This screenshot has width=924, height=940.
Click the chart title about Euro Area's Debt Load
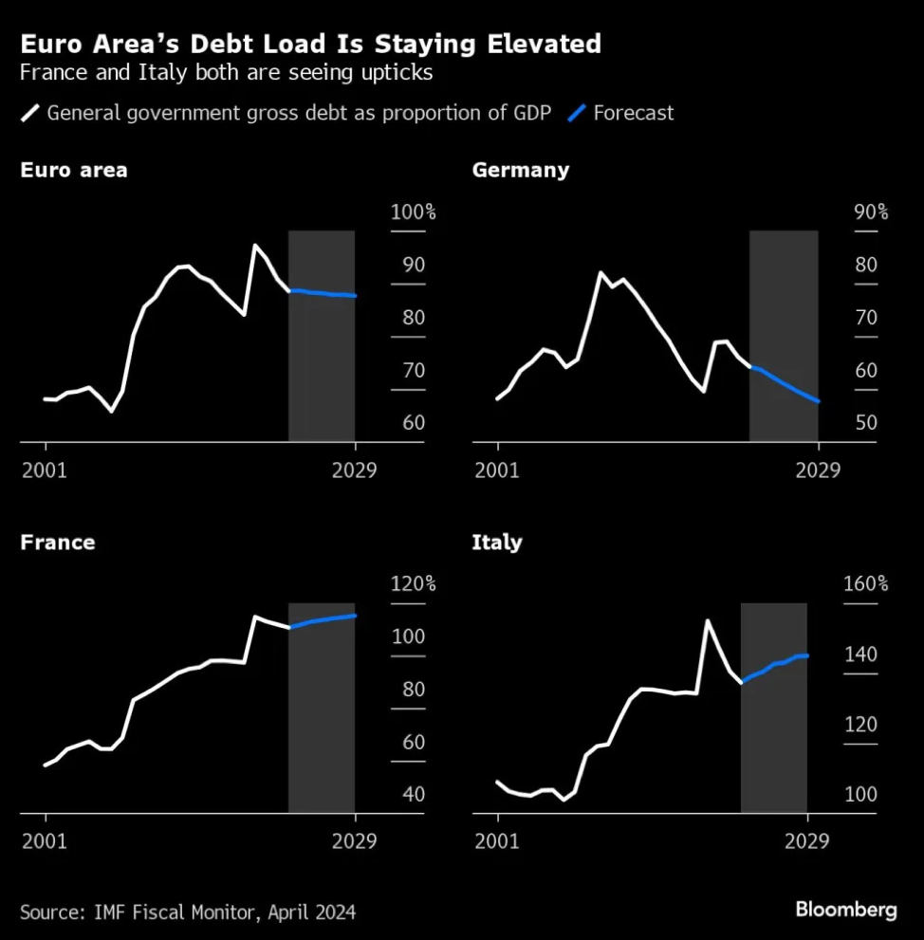(310, 44)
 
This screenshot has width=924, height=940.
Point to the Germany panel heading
(520, 171)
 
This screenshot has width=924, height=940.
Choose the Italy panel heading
(497, 543)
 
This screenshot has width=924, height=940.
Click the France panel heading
(57, 543)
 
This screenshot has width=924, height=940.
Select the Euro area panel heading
(73, 171)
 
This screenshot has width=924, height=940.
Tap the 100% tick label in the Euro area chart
(414, 212)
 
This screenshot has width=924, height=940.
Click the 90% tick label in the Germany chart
(870, 212)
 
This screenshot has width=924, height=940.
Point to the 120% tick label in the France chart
(414, 584)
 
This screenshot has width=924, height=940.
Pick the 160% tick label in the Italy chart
(866, 584)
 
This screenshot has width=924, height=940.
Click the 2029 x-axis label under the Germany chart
(818, 470)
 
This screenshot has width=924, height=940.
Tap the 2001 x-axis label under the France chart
(45, 841)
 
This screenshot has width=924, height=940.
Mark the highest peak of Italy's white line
(707, 621)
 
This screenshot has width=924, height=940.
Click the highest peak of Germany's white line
(601, 273)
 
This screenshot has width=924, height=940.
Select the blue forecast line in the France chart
(323, 620)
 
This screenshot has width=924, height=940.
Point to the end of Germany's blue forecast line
(818, 401)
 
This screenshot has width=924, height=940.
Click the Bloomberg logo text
(845, 911)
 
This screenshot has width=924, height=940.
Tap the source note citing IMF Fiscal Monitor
(188, 912)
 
